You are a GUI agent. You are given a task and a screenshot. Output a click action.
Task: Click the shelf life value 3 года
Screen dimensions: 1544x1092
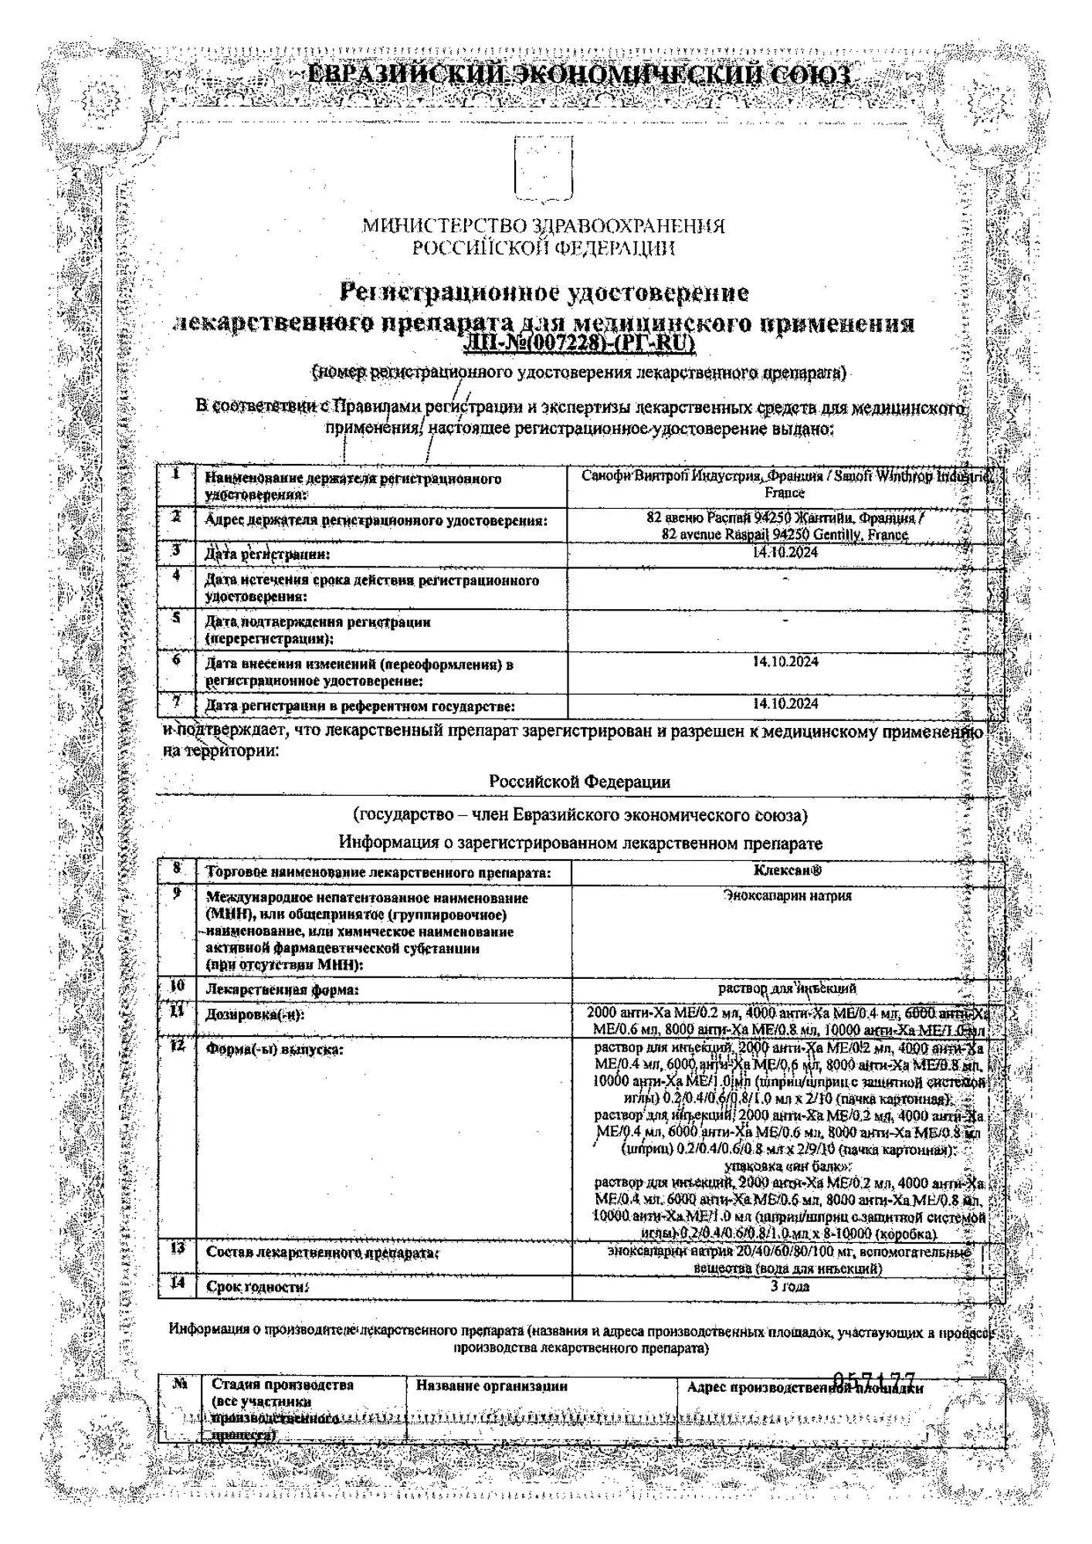(x=789, y=1286)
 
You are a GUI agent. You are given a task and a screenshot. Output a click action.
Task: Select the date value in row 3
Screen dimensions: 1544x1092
(x=785, y=553)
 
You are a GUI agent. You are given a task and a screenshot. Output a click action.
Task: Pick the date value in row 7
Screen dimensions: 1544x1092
(x=785, y=703)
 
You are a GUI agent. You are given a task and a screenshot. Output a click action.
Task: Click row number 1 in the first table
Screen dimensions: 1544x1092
(x=177, y=474)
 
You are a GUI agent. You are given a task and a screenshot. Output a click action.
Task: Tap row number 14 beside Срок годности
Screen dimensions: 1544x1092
(x=177, y=1284)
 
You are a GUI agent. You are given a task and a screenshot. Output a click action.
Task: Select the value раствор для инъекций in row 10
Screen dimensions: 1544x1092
(x=787, y=988)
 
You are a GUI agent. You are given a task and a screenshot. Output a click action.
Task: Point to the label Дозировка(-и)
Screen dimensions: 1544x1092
(x=255, y=1014)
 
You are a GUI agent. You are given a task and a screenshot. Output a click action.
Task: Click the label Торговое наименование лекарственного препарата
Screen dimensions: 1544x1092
(x=378, y=873)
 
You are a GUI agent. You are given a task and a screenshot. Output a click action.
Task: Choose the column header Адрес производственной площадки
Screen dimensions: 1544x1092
(x=805, y=1388)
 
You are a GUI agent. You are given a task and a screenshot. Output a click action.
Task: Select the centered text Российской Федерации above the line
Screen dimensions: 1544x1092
(x=579, y=781)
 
